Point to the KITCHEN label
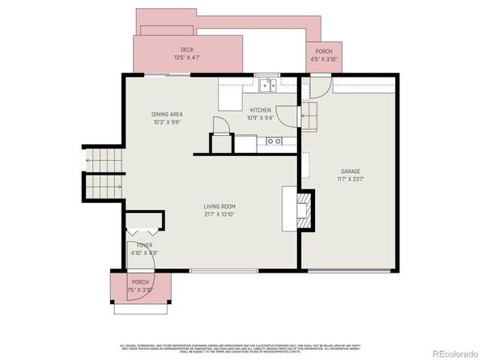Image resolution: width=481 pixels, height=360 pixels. tap(260, 110)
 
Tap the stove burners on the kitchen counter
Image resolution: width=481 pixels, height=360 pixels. tap(274, 142)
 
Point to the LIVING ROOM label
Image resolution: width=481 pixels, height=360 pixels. tap(219, 207)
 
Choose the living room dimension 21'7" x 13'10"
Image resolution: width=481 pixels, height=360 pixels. tap(219, 215)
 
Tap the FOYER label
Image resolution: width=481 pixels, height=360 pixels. tap(144, 245)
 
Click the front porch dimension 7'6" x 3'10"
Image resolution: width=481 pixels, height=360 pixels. tap(140, 290)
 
